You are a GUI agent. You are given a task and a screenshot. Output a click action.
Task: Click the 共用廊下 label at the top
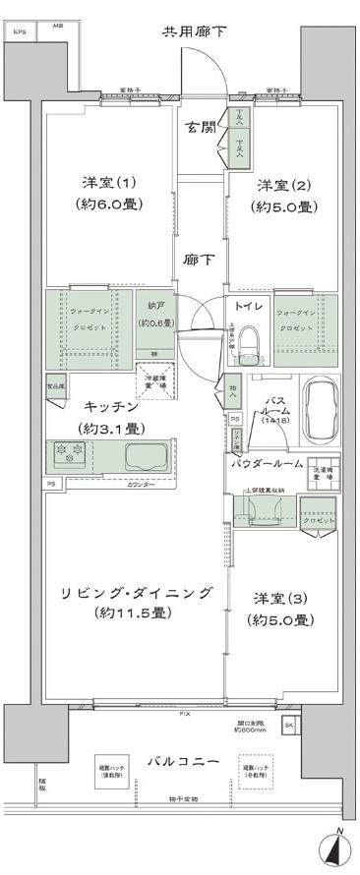pos(195,31)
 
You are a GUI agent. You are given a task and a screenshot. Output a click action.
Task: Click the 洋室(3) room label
pos(281,598)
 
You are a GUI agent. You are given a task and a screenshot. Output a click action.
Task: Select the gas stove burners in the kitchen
pos(72,454)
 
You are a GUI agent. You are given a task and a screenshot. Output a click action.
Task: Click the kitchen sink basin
pos(147,456)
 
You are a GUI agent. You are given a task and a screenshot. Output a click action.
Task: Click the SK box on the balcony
pos(288,726)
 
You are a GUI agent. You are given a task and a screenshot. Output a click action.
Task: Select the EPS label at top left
pos(21,30)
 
